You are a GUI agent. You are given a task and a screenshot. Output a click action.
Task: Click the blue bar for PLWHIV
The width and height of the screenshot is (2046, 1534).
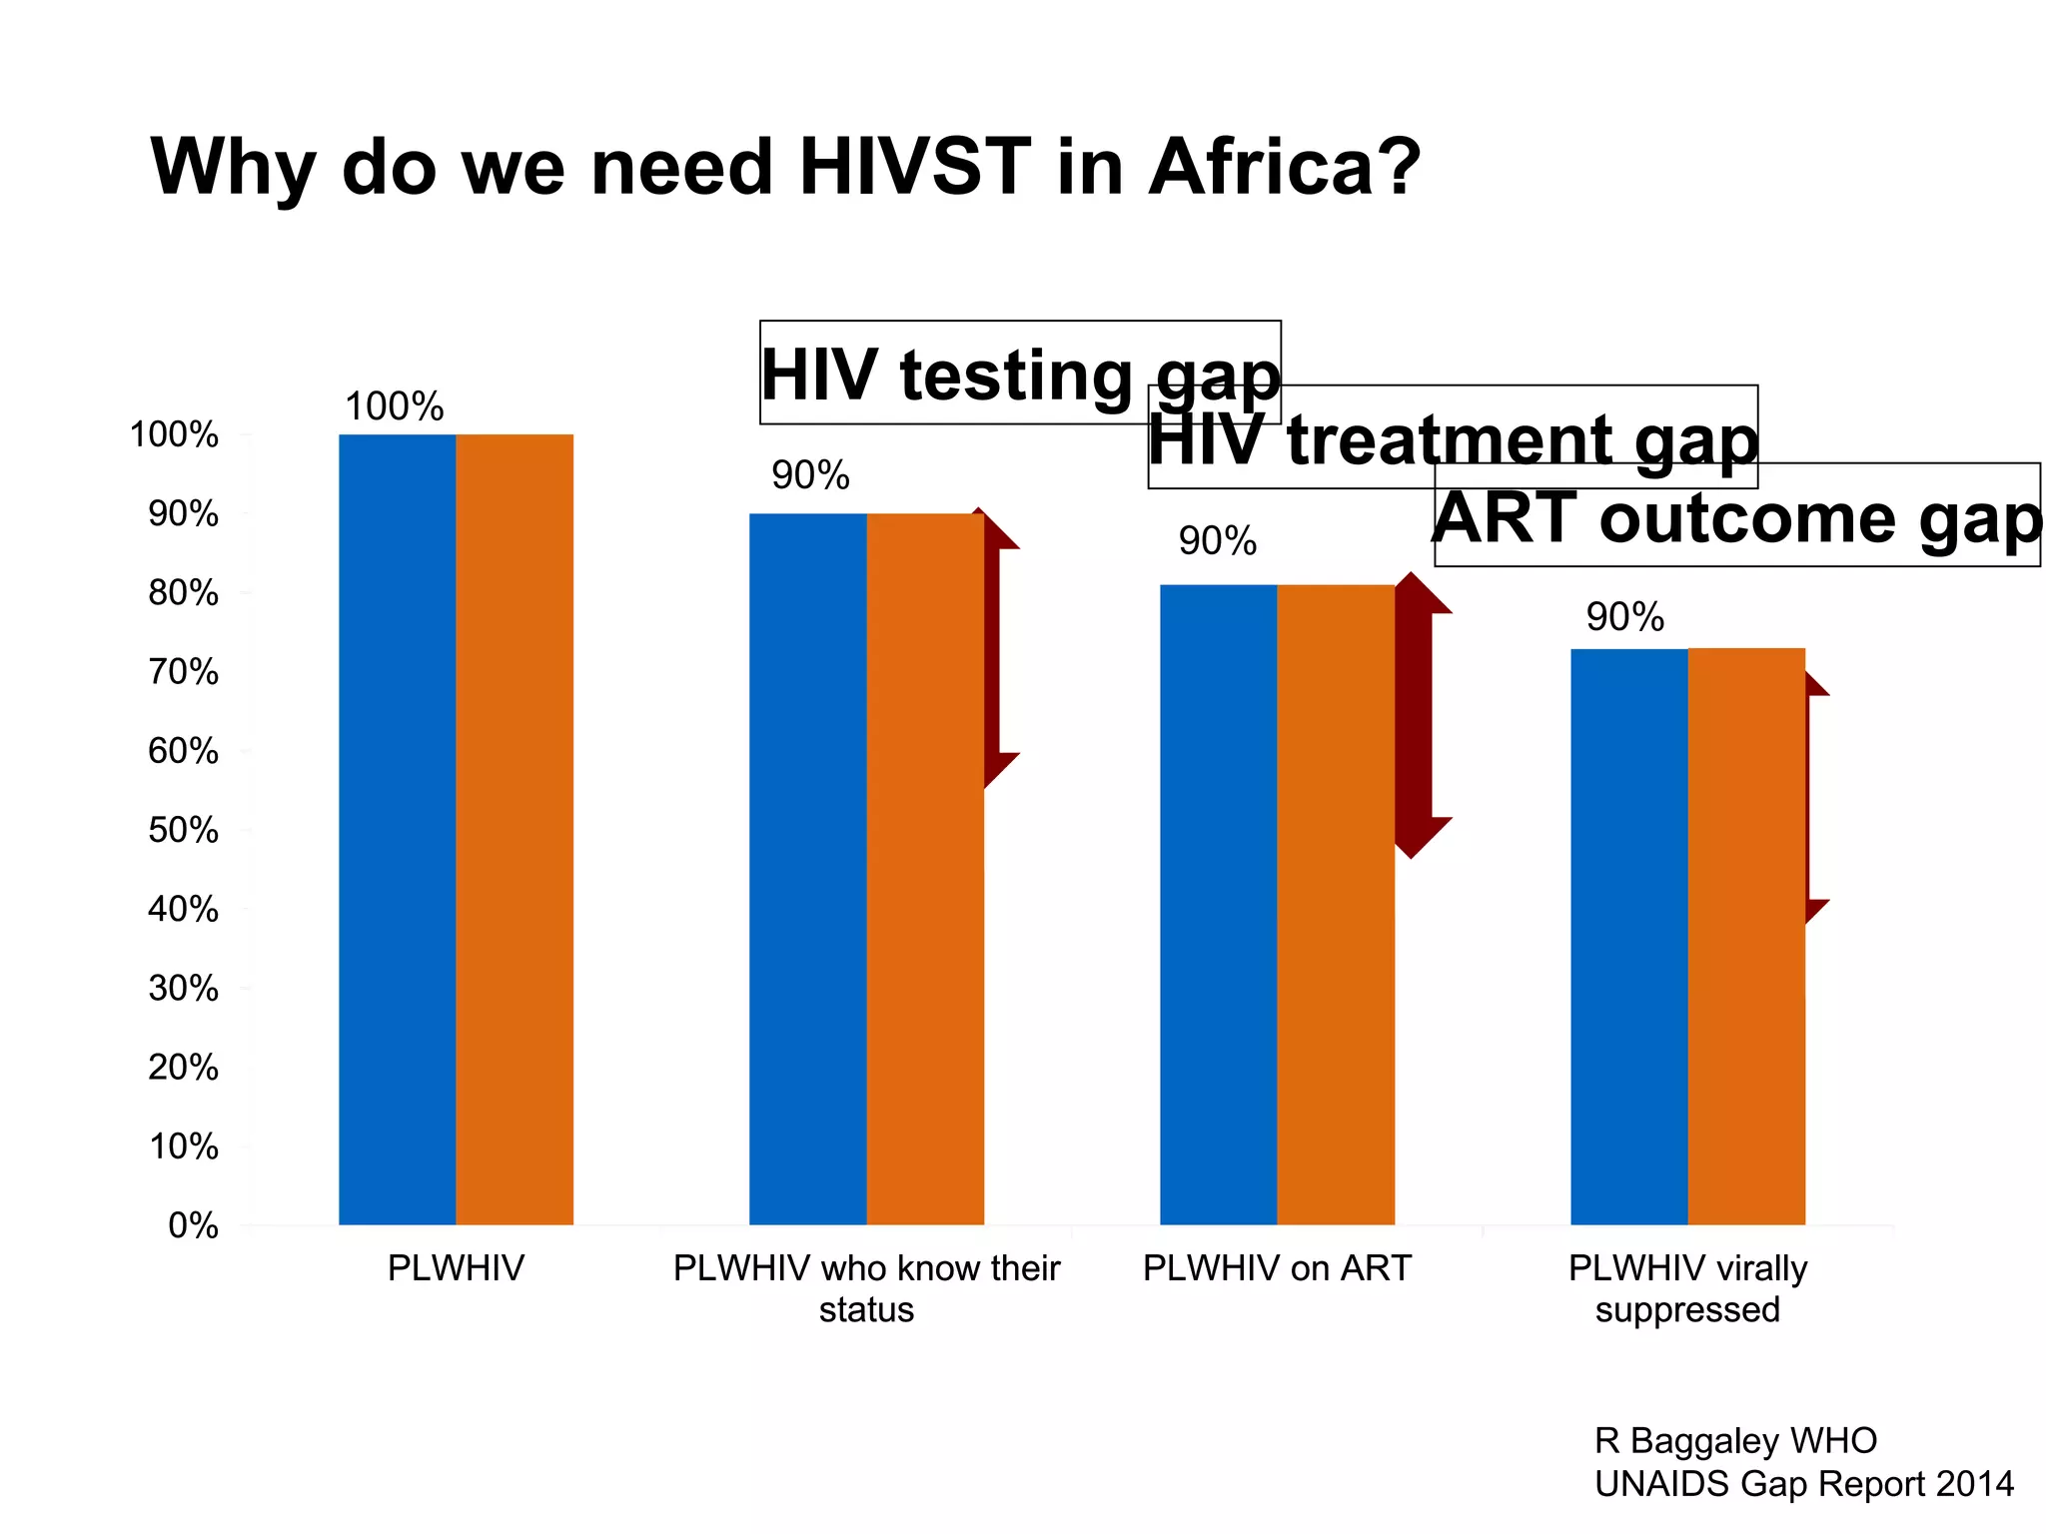[x=398, y=829]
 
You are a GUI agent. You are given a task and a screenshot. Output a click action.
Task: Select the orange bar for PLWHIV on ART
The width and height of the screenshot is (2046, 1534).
[x=1336, y=904]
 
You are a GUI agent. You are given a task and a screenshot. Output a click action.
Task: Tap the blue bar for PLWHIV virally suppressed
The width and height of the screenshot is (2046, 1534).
[x=1628, y=936]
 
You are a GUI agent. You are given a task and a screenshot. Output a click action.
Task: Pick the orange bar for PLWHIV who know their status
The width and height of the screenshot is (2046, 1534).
[x=925, y=869]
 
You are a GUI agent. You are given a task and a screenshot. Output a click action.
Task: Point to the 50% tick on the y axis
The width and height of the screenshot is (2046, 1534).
[x=184, y=830]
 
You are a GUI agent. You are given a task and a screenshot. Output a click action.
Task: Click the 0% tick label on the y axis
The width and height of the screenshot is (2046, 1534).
[x=193, y=1225]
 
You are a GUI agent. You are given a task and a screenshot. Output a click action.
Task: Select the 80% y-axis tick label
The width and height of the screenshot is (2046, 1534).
[x=184, y=593]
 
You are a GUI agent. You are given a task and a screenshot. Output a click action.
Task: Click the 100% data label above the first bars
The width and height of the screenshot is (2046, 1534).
[x=394, y=406]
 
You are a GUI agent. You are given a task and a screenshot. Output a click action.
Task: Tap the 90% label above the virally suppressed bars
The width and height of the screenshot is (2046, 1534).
[x=1624, y=617]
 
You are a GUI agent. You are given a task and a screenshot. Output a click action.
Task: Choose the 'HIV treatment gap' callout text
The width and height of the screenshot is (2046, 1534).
[x=1453, y=439]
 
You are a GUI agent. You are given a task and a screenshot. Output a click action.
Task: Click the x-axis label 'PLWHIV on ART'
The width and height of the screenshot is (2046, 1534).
[x=1277, y=1268]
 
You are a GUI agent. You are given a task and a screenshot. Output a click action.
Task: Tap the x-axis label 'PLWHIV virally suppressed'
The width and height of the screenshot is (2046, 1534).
[x=1687, y=1288]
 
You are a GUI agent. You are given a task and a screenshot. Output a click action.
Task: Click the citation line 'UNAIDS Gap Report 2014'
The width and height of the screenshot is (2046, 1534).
[x=1803, y=1484]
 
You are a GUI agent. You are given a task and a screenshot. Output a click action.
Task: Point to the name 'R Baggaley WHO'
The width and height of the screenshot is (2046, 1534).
[x=1735, y=1440]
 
